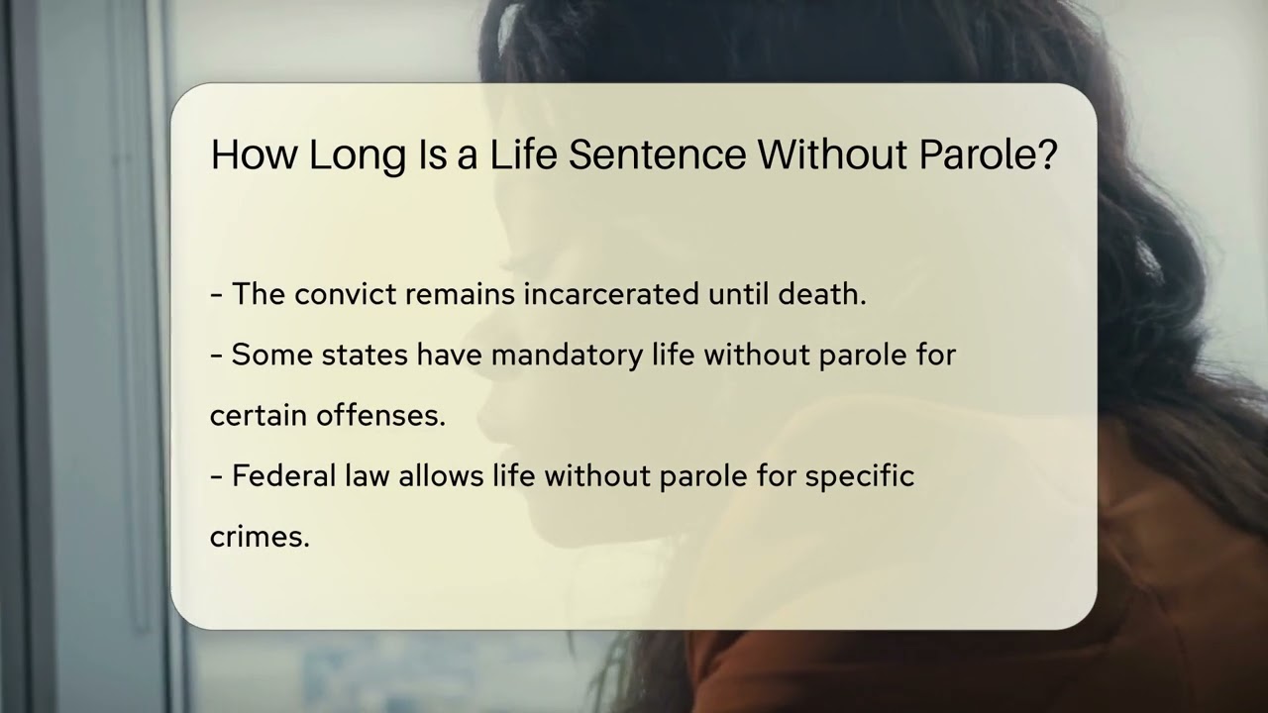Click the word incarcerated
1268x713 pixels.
611,295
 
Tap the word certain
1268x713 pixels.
259,416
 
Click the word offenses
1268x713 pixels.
381,416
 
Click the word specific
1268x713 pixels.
859,476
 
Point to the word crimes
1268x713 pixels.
260,537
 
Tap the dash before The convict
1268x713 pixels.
216,295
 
